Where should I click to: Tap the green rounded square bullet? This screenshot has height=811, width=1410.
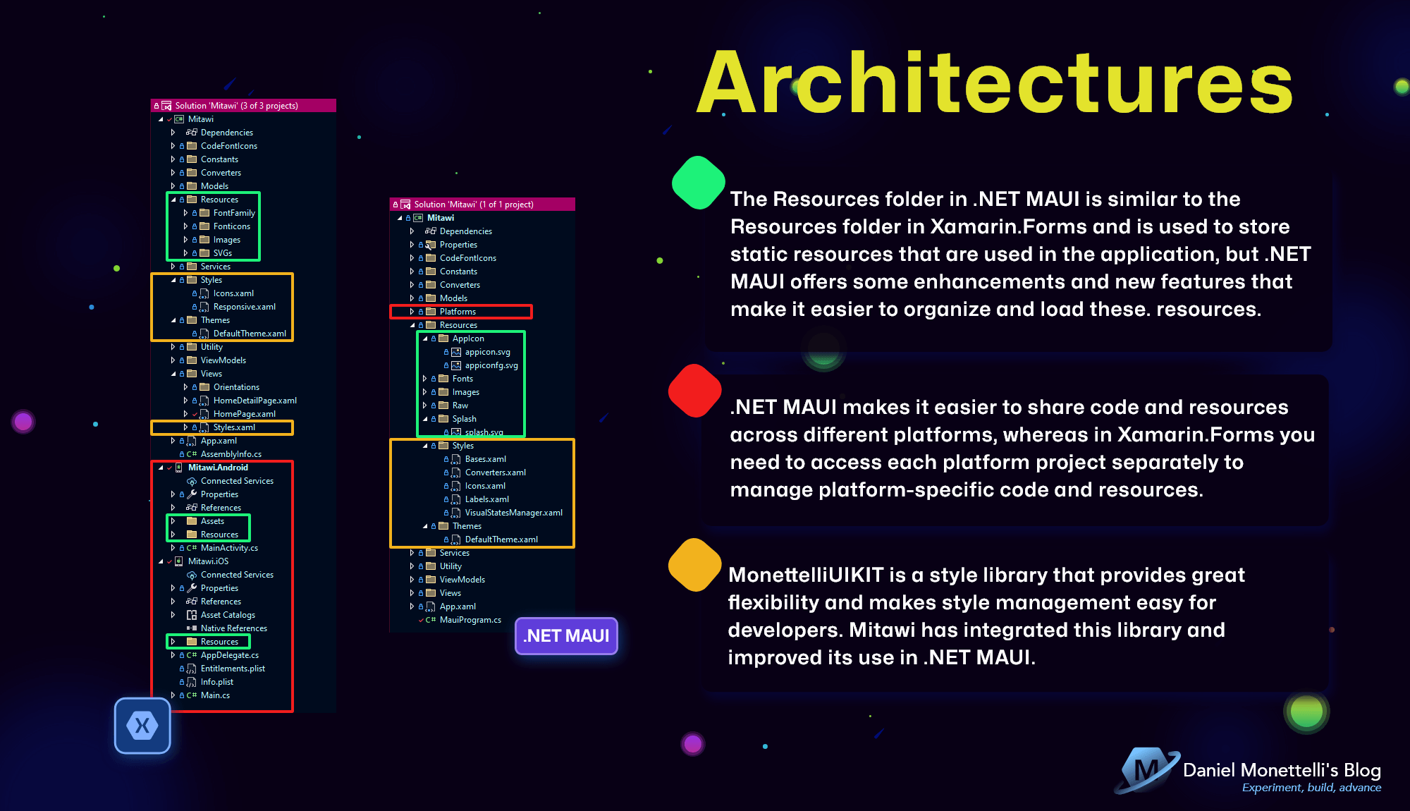pyautogui.click(x=698, y=183)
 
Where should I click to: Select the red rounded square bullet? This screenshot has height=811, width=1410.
pyautogui.click(x=695, y=391)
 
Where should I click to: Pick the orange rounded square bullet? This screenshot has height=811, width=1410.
pyautogui.click(x=695, y=565)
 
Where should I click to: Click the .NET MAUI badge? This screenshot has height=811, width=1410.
pyautogui.click(x=566, y=636)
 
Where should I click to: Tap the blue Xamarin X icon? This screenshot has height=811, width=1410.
pyautogui.click(x=142, y=726)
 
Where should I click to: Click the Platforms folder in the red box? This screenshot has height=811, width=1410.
pyautogui.click(x=458, y=312)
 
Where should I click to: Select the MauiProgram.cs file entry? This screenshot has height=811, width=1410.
pyautogui.click(x=470, y=620)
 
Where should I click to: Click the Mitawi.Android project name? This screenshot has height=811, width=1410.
pyautogui.click(x=218, y=468)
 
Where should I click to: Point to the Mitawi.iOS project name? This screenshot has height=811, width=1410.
pyautogui.click(x=208, y=561)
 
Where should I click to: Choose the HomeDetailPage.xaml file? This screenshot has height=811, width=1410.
pyautogui.click(x=255, y=401)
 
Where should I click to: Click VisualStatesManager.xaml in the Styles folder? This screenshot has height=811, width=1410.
pyautogui.click(x=513, y=513)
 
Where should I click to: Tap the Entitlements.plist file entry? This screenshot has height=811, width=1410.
pyautogui.click(x=233, y=669)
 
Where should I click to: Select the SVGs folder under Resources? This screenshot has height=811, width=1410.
pyautogui.click(x=222, y=253)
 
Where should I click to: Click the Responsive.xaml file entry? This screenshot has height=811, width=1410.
pyautogui.click(x=244, y=307)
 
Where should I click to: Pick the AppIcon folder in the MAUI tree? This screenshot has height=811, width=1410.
pyautogui.click(x=468, y=339)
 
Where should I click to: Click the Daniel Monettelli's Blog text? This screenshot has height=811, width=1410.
pyautogui.click(x=1282, y=770)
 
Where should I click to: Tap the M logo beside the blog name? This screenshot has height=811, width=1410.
pyautogui.click(x=1146, y=770)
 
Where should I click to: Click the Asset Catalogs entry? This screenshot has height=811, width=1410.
pyautogui.click(x=228, y=615)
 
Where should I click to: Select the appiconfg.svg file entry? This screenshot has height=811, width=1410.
pyautogui.click(x=491, y=365)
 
